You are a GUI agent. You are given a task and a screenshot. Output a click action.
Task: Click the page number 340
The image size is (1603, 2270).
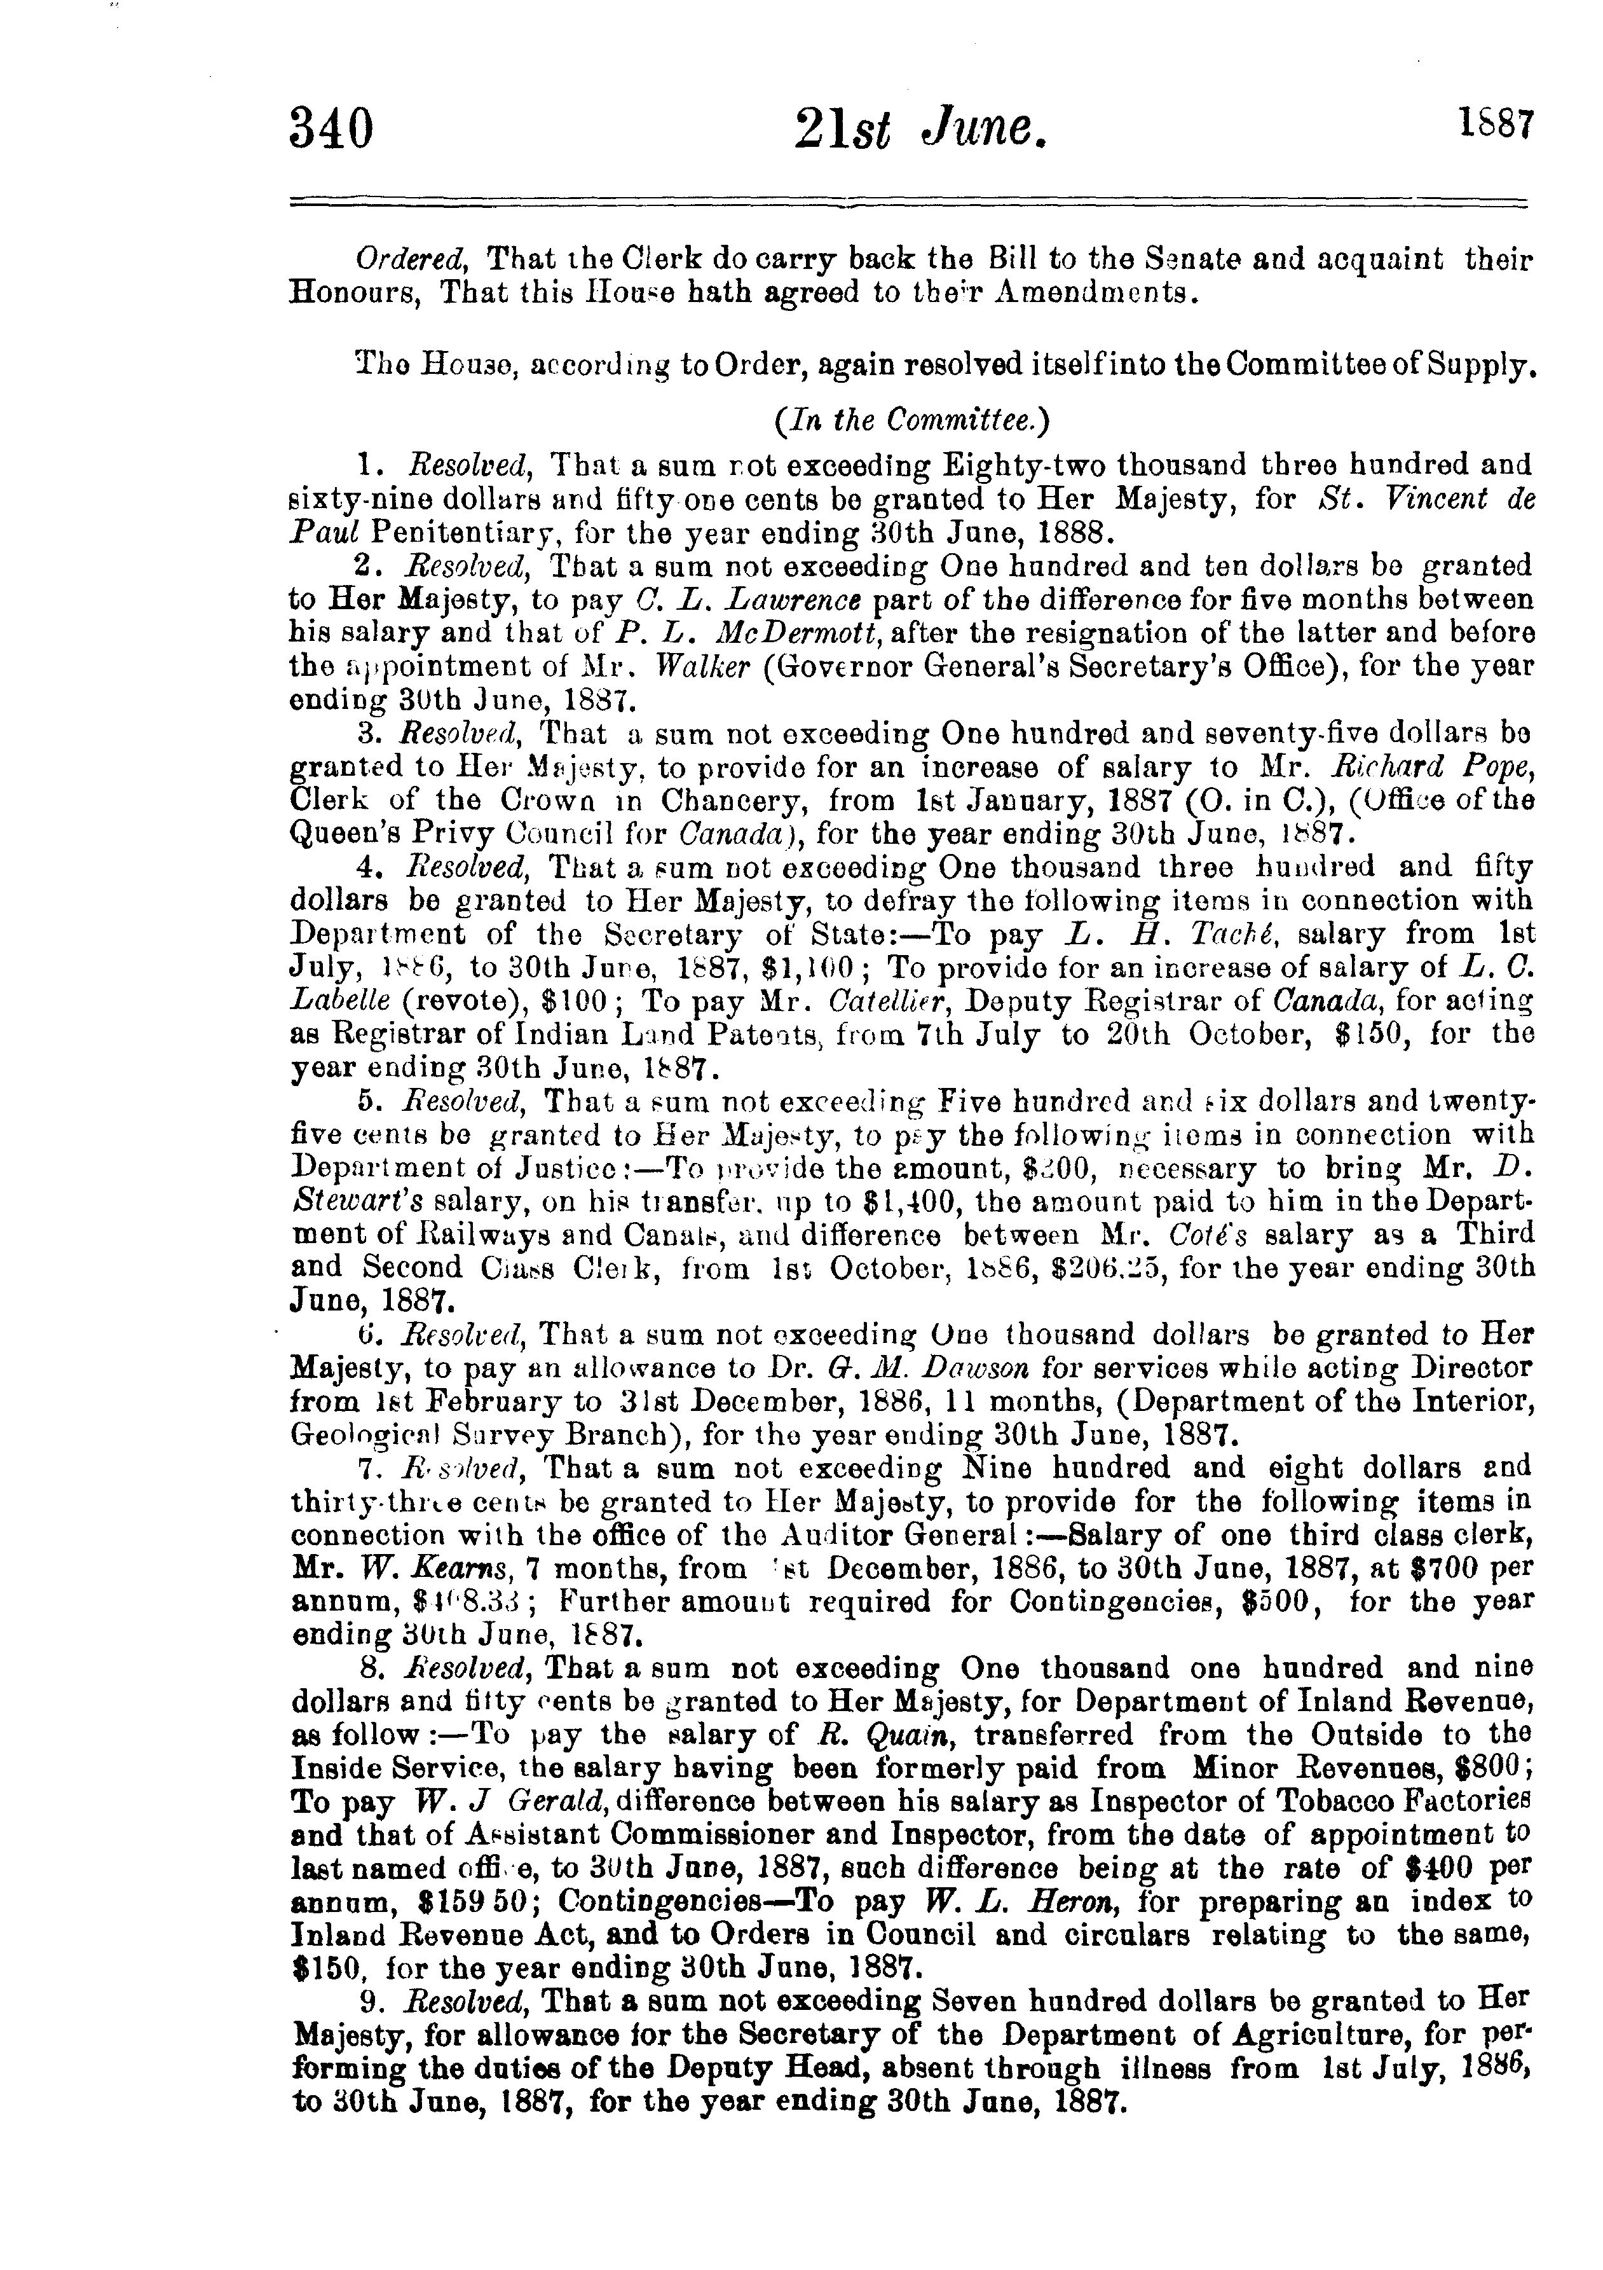[x=332, y=130]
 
